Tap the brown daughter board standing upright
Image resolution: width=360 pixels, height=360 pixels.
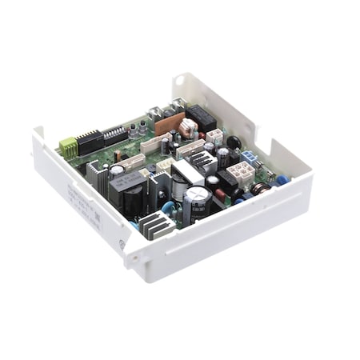click(x=169, y=123)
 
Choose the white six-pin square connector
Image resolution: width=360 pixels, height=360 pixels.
click(x=241, y=171)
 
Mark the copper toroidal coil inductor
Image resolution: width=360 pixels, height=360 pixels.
click(x=261, y=189)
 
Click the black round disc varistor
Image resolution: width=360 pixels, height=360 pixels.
click(x=234, y=142)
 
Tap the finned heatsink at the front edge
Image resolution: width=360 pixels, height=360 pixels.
click(x=158, y=226)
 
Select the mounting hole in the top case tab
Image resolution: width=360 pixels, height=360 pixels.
click(x=178, y=82)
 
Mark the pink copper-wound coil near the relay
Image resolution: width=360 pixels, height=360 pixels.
click(x=189, y=126)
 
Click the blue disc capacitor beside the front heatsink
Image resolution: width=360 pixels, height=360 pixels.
click(x=169, y=208)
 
